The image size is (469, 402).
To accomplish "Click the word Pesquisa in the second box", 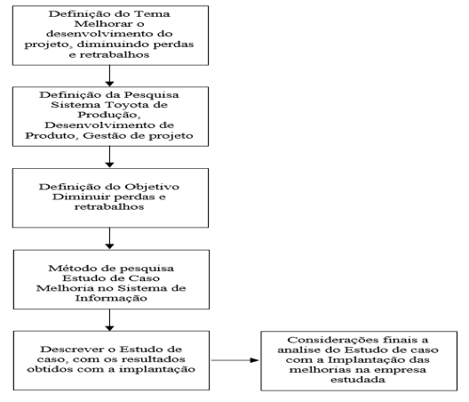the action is click(151, 95).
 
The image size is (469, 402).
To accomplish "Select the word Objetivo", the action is click(152, 188).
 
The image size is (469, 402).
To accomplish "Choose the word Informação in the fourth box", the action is click(111, 298).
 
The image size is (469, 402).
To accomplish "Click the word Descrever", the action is click(72, 350).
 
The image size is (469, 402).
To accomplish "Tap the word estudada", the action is click(358, 380).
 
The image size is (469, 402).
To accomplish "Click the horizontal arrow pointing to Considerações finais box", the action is click(235, 360).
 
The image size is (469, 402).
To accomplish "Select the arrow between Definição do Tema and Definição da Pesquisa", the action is click(110, 76).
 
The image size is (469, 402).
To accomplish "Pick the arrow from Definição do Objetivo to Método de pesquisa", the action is click(110, 238).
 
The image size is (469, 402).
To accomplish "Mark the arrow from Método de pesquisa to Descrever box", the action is click(110, 320).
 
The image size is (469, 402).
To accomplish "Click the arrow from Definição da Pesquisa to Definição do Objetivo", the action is click(110, 157).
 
